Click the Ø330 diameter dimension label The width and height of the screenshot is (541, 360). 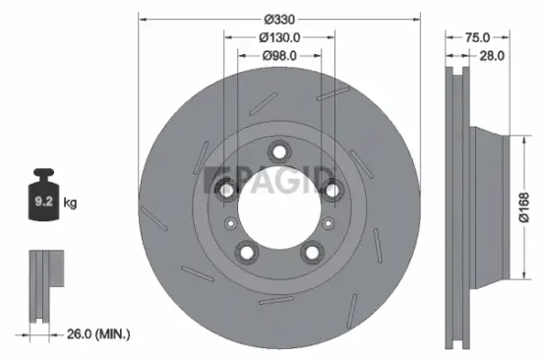[279, 20]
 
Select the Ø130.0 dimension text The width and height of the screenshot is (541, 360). [279, 37]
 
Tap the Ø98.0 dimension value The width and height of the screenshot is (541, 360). [279, 55]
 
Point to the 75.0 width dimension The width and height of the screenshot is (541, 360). [477, 37]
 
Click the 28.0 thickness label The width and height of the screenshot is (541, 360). [492, 55]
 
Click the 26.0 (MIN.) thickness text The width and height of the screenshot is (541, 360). [98, 333]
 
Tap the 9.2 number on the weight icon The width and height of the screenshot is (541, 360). [43, 201]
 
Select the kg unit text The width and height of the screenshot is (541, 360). [70, 203]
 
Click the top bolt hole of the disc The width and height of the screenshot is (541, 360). [279, 151]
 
